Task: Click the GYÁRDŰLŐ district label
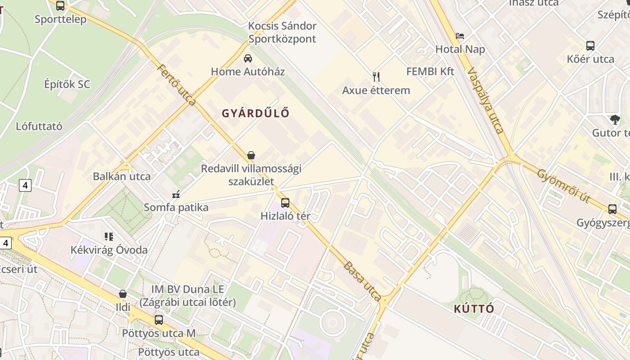[255, 113]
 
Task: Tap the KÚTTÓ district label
[474, 309]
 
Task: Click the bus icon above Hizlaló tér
[285, 203]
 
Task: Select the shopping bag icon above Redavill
[251, 156]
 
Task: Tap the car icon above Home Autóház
[247, 58]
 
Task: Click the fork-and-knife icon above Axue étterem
[376, 77]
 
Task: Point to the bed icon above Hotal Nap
[460, 36]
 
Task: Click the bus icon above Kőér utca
[590, 46]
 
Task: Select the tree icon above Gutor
[615, 120]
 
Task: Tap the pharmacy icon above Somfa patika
[176, 194]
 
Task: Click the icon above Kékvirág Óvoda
[109, 237]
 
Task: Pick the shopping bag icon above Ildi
[122, 294]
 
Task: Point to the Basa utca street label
[362, 281]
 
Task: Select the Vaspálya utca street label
[486, 101]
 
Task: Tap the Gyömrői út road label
[563, 186]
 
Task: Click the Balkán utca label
[121, 176]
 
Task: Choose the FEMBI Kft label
[430, 72]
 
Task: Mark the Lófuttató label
[39, 126]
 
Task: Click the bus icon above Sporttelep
[60, 6]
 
